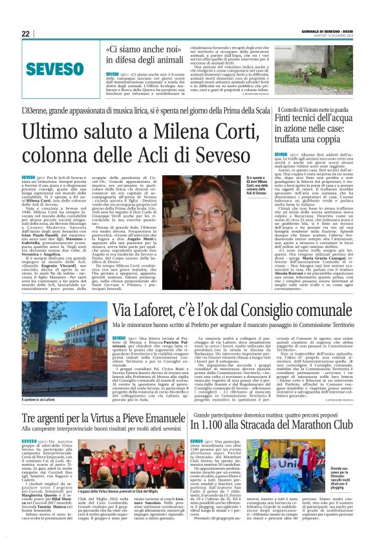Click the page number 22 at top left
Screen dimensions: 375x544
coord(25,34)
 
